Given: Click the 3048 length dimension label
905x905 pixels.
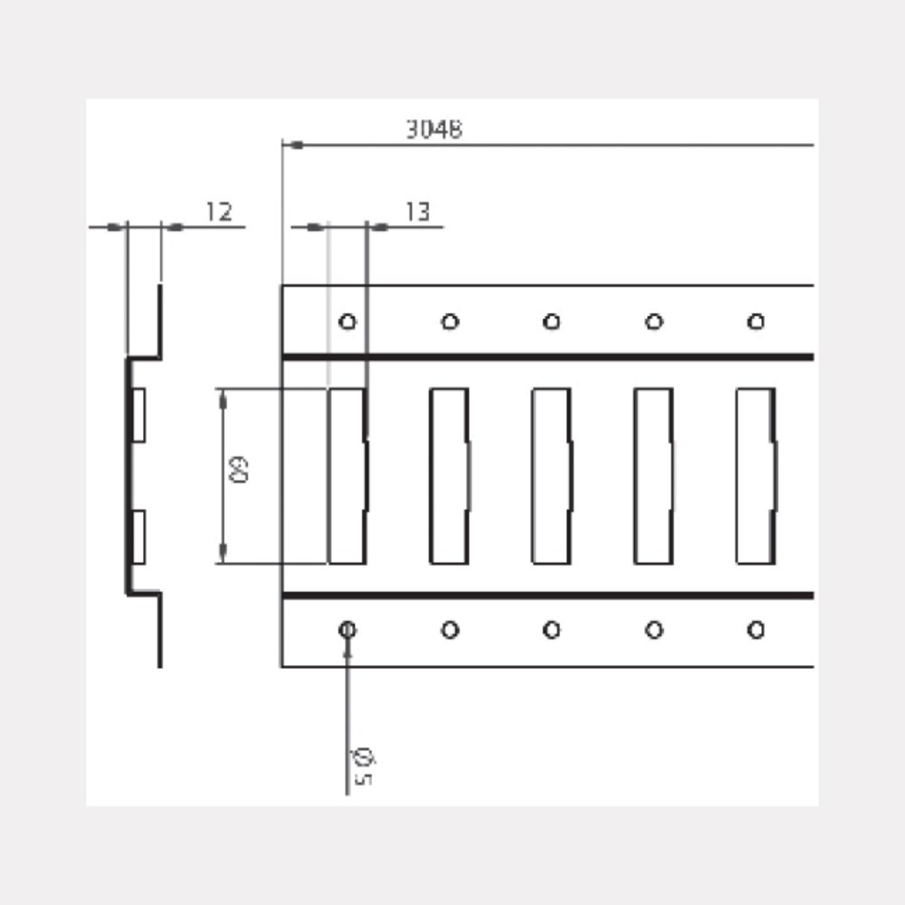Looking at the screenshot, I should point(433,129).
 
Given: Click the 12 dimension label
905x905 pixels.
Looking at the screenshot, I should point(218,212).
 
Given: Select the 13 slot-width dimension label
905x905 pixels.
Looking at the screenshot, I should point(416,212).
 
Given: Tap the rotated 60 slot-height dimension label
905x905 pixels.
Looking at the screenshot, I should point(240,471).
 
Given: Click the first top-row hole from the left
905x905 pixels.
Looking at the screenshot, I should point(348,321).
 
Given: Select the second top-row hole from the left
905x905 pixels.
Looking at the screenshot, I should point(450,321).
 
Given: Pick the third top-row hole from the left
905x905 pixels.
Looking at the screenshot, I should point(551,321).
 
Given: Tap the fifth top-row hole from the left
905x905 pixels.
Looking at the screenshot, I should point(756,321).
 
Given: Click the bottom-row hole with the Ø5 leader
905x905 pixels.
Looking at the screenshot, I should point(348,630).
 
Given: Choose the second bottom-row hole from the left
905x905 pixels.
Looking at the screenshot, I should point(450,630).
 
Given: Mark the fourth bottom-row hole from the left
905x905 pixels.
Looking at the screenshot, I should point(653,630).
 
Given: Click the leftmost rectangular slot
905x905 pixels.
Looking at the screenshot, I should point(347,476).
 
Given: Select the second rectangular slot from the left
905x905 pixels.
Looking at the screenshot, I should point(449,476).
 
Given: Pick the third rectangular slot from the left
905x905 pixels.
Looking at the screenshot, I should point(551,476).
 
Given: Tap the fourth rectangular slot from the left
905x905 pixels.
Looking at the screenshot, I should point(653,476).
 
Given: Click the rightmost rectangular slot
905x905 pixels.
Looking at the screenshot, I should point(756,476).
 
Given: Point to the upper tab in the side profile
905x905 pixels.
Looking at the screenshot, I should point(138,415).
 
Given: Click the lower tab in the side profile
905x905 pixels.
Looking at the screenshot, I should point(138,536).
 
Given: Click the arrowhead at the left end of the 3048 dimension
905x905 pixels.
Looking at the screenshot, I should point(291,145).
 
